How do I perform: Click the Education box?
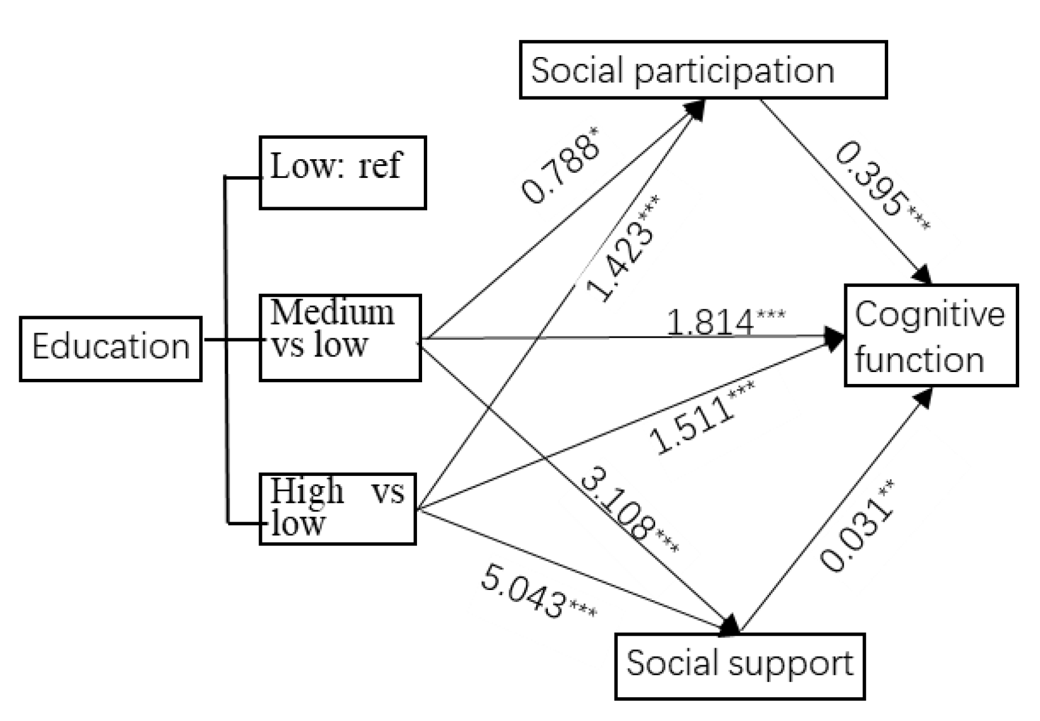pyautogui.click(x=111, y=348)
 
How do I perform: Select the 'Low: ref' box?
pyautogui.click(x=343, y=172)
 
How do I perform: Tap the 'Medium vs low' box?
pyautogui.click(x=340, y=337)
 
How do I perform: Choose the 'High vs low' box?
pyautogui.click(x=337, y=509)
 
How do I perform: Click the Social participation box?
pyautogui.click(x=703, y=70)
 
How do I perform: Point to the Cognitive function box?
pyautogui.click(x=931, y=336)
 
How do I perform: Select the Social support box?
pyautogui.click(x=739, y=666)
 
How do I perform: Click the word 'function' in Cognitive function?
pyautogui.click(x=919, y=360)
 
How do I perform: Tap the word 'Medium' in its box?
pyautogui.click(x=332, y=312)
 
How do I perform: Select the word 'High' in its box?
pyautogui.click(x=306, y=491)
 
